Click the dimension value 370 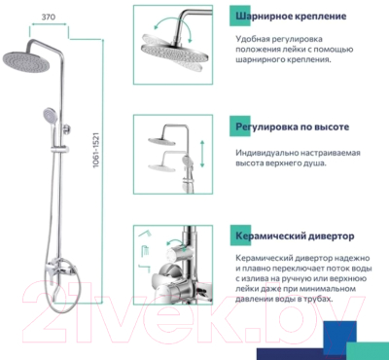(x=46, y=18)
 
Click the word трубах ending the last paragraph (x=322, y=311)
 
